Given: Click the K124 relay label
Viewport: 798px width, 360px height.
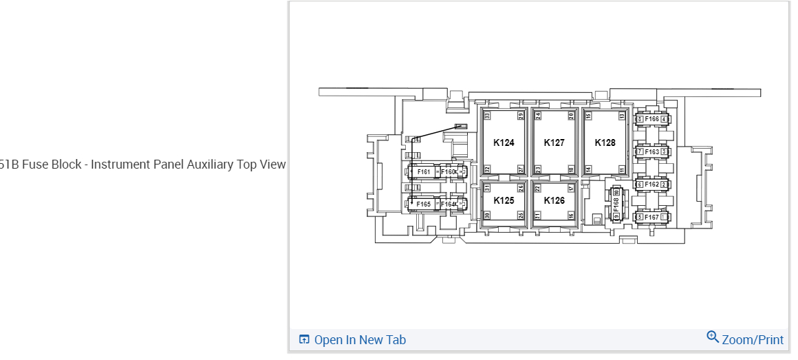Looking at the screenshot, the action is coord(504,143).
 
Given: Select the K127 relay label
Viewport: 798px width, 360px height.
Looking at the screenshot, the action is coord(554,143).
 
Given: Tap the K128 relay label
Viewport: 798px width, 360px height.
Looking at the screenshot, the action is coord(605,143).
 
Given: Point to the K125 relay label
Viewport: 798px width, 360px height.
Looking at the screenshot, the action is coord(504,200).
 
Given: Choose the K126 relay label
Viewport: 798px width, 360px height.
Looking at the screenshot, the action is coord(554,200).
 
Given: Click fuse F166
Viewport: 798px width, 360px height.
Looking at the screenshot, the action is coord(651,119).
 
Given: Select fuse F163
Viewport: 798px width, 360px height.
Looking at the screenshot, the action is coord(651,151).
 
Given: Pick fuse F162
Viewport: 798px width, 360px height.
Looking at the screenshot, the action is coord(651,184).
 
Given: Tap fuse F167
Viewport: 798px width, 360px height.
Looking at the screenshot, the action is coord(651,217).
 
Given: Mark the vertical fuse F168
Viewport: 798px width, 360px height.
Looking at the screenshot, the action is coord(616,204).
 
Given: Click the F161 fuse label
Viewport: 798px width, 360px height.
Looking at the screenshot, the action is coord(423,171).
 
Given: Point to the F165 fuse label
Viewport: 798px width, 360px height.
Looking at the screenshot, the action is coord(423,204).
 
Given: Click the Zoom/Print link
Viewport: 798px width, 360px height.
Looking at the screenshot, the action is coord(752,339).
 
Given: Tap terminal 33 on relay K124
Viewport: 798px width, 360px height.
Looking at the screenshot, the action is coord(486,116).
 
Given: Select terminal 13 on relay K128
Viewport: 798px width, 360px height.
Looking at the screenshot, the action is coord(622,116).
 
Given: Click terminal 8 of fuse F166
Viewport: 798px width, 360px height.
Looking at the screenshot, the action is coord(640,119).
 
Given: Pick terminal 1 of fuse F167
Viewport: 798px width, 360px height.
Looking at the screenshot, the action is coord(664,217).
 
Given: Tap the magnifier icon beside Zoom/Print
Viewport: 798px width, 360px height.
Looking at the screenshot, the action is coord(713,337).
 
